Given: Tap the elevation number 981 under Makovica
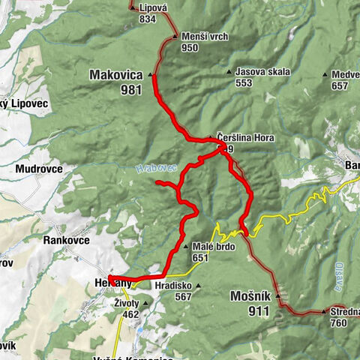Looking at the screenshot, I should (130, 88).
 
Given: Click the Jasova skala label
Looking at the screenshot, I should (262, 72).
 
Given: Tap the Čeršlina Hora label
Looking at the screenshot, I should (244, 138).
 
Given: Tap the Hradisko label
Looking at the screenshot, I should (173, 285).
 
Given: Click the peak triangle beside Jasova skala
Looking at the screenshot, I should (230, 72).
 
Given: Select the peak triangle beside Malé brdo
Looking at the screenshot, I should (186, 247).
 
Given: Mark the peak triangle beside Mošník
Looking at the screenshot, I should (277, 295).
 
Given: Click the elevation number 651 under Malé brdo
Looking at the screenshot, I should (200, 257).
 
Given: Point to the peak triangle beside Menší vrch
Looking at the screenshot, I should (174, 36).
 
